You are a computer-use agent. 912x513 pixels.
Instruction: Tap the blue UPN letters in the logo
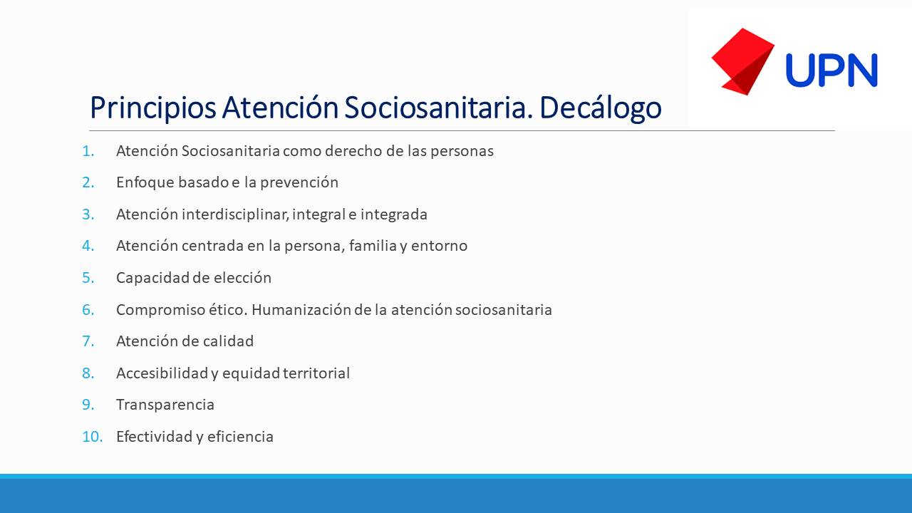click(x=831, y=71)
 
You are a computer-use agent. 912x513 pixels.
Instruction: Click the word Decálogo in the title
click(x=601, y=108)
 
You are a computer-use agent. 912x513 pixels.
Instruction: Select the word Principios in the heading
click(x=153, y=108)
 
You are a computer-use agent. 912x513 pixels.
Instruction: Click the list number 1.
click(x=88, y=151)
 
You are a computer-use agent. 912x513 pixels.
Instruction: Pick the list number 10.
click(x=92, y=437)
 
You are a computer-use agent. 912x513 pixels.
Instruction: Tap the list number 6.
click(x=88, y=310)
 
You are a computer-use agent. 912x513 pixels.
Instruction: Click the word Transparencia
click(x=165, y=405)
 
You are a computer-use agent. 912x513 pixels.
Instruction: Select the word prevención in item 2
click(x=299, y=182)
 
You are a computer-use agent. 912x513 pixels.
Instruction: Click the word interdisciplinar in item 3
click(x=236, y=214)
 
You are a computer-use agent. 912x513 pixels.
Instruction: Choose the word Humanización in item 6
click(x=301, y=310)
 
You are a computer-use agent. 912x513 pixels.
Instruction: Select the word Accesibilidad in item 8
click(x=162, y=373)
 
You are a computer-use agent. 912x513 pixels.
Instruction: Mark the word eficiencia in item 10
click(x=240, y=437)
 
